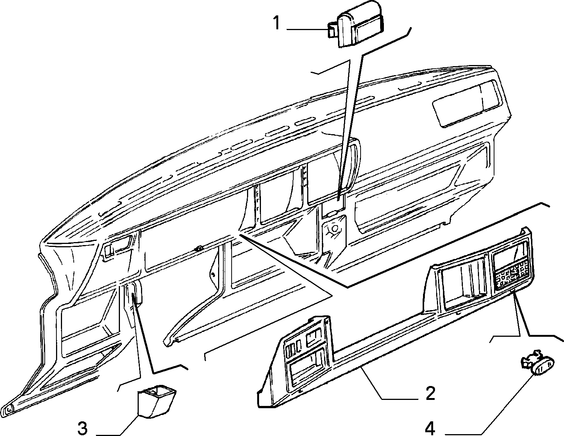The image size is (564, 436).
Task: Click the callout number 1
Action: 277,23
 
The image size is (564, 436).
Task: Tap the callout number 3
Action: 83,428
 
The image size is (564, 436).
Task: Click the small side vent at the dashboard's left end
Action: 117,248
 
